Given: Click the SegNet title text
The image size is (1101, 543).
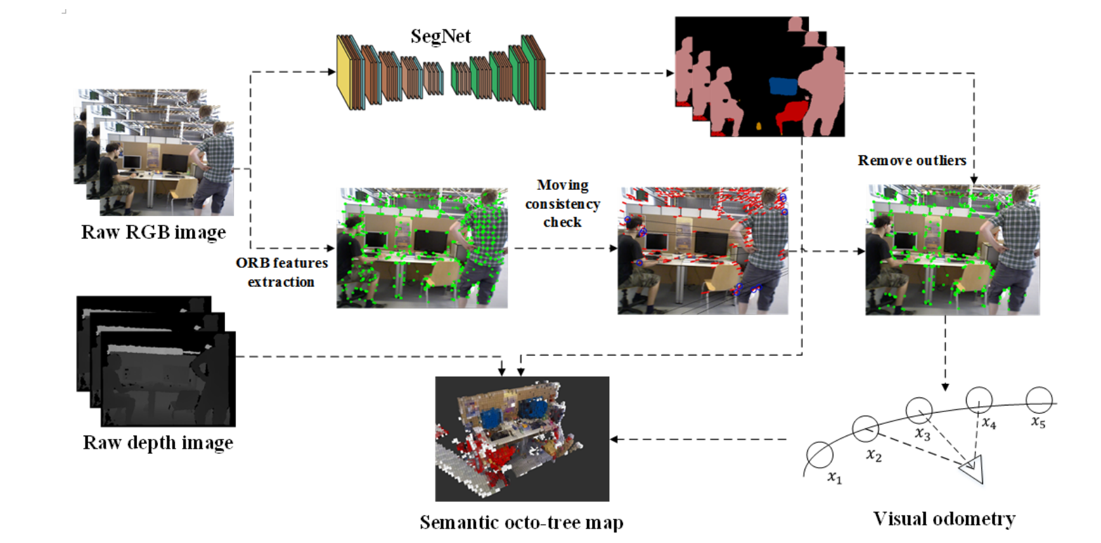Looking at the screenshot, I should point(440,36).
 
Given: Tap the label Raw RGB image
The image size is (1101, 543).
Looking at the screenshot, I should point(153,233).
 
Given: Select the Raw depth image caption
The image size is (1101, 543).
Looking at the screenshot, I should point(158,443).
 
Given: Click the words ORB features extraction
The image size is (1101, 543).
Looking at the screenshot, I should point(282,272).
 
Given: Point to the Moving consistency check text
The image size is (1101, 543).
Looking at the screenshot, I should point(563,204).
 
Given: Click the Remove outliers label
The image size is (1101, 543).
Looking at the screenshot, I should point(911,160).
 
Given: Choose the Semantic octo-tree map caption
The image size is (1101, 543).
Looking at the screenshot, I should point(521,523).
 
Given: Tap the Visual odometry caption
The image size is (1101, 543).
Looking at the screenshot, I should point(944,519).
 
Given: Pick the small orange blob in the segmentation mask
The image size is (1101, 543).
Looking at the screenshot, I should point(759,126).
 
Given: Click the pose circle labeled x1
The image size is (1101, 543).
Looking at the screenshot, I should point(820,455).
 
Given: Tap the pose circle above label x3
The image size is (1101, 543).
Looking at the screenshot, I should point(919,410).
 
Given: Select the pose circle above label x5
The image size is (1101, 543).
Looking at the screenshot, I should point(1039,400).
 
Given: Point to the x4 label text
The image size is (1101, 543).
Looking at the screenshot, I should point(989,424).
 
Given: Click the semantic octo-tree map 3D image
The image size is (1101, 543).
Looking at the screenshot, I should point(522,439).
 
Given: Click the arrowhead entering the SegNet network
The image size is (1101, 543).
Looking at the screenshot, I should point(332,72).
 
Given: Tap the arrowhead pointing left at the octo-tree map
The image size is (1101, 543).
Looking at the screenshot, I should point(614,439).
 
